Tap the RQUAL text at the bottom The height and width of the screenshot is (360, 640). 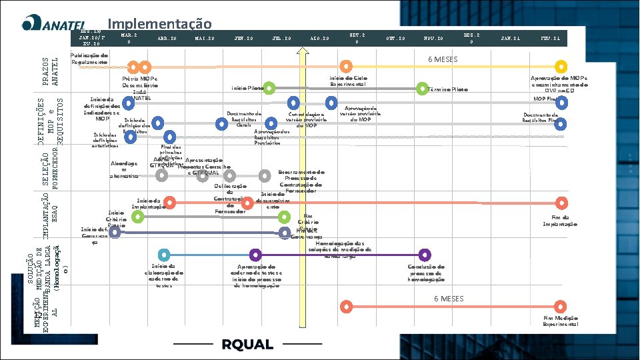(247, 344)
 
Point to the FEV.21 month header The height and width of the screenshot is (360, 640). (551, 39)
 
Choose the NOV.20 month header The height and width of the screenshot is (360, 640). (433, 39)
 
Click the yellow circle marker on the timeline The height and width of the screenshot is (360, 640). (561, 67)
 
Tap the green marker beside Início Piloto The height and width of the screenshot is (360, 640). (269, 88)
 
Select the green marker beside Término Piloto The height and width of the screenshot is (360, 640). (421, 88)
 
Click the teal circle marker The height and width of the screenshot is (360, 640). (162, 255)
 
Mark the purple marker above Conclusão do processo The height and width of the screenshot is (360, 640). (425, 255)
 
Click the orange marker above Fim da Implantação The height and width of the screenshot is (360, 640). (563, 203)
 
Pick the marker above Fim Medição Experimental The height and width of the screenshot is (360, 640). (563, 307)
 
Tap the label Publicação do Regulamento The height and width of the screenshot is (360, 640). (90, 58)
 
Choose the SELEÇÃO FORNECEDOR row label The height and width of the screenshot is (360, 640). (51, 167)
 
